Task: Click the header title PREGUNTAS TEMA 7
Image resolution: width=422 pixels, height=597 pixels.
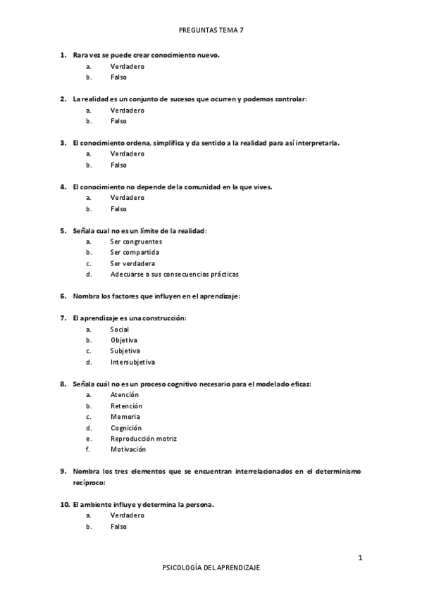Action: [211, 31]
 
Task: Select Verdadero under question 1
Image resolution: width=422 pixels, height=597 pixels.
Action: [127, 66]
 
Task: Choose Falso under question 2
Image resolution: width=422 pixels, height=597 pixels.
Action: [118, 121]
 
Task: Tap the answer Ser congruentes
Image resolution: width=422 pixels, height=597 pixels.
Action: [135, 241]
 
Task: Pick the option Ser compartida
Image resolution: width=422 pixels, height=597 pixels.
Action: [135, 252]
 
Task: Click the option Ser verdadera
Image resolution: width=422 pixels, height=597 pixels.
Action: [132, 263]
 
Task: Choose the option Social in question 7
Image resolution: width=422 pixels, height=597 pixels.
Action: [120, 329]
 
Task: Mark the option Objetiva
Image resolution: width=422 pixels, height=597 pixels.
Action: [123, 340]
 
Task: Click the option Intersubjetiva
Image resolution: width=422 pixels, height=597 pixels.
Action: [132, 363]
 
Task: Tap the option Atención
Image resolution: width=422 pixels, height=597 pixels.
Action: [125, 395]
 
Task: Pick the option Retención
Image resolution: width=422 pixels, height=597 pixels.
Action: [126, 406]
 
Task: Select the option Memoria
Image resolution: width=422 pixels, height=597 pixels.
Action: [125, 417]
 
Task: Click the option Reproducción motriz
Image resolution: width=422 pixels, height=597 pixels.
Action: [143, 439]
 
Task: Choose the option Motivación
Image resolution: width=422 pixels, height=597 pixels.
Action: [128, 449]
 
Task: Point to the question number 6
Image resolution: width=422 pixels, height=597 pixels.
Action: [63, 296]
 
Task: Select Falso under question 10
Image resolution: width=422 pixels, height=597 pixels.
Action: [118, 527]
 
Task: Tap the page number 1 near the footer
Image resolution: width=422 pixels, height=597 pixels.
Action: [360, 558]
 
